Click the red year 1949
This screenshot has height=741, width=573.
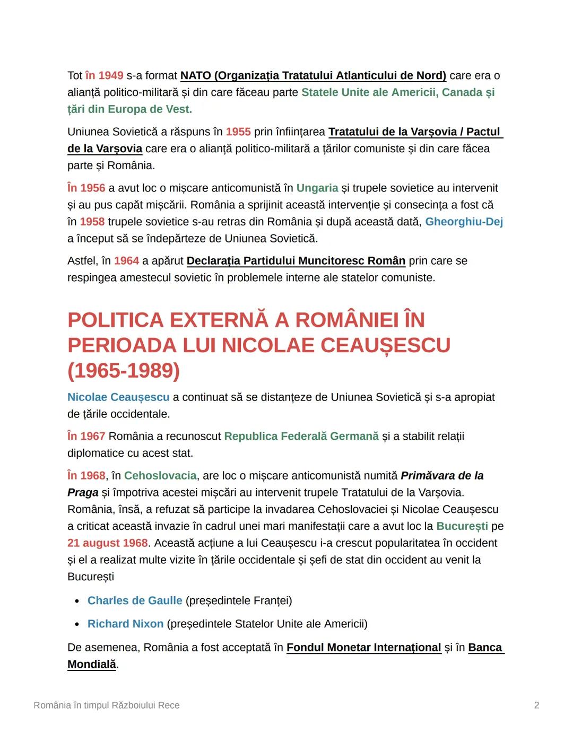111,76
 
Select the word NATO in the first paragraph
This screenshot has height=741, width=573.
196,76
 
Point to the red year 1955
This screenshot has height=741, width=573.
238,132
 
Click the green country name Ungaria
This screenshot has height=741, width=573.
317,188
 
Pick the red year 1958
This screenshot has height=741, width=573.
92,222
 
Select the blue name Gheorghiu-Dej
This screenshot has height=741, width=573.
464,222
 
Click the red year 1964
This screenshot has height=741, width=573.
126,261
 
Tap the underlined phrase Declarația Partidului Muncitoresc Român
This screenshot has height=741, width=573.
296,261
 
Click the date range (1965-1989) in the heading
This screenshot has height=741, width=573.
124,371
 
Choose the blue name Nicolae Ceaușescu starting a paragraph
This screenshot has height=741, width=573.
118,397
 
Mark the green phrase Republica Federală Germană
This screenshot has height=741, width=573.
301,437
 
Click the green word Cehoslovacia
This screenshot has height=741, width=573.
160,476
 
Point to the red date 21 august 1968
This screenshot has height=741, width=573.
107,543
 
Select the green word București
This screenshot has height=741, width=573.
462,526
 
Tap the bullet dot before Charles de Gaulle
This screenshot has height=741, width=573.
77,601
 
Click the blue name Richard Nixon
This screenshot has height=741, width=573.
125,624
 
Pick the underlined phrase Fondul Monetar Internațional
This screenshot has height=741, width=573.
363,648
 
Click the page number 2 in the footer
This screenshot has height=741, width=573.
536,705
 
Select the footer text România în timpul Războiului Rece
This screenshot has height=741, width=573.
107,705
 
